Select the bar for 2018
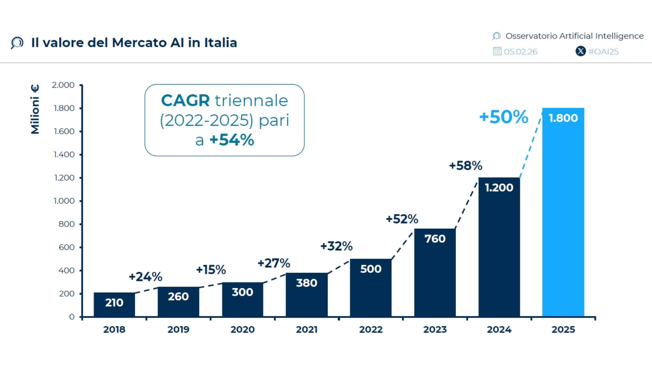pyautogui.click(x=114, y=304)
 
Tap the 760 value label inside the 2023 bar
pyautogui.click(x=435, y=239)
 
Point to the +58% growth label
pyautogui.click(x=465, y=166)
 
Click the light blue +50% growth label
pyautogui.click(x=503, y=117)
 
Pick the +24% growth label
pyautogui.click(x=145, y=277)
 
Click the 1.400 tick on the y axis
pyautogui.click(x=64, y=155)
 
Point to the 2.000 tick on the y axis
pyautogui.click(x=63, y=85)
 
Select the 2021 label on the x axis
pyautogui.click(x=306, y=329)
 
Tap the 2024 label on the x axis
pyautogui.click(x=499, y=329)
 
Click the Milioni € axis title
pyautogui.click(x=35, y=109)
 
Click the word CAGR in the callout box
pyautogui.click(x=185, y=101)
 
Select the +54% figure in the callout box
pyautogui.click(x=232, y=140)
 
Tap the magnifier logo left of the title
pyautogui.click(x=17, y=43)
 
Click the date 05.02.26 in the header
pyautogui.click(x=521, y=52)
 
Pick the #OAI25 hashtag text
pyautogui.click(x=603, y=52)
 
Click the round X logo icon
pyautogui.click(x=581, y=51)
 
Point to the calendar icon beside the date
pyautogui.click(x=497, y=51)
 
